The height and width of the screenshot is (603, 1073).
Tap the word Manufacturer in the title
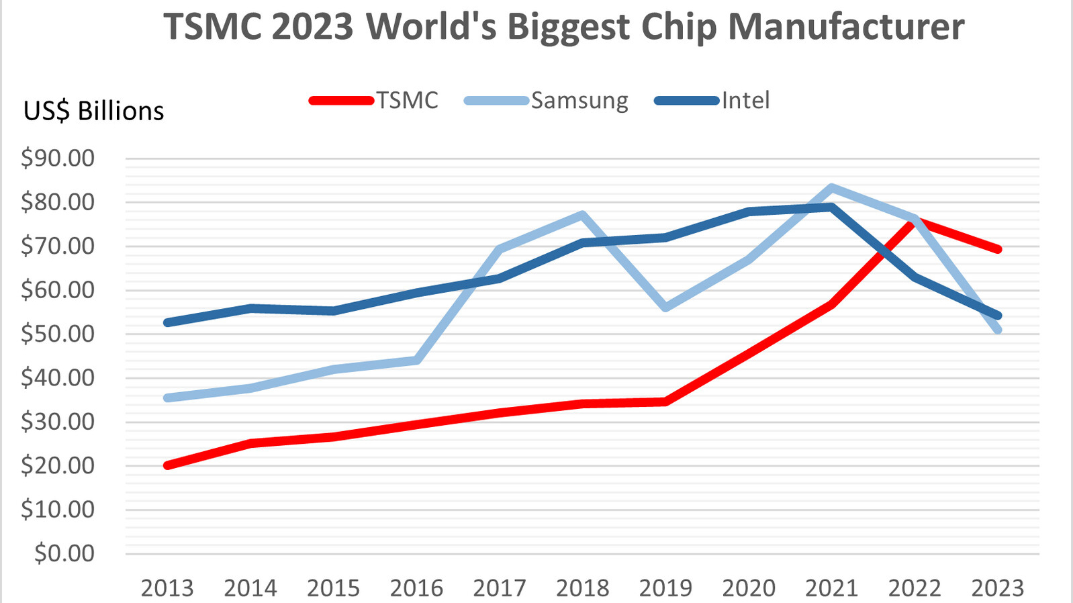846,27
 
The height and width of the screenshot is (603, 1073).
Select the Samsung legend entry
579,101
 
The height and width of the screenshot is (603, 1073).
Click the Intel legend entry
745,101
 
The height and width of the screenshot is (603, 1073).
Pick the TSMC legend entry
407,101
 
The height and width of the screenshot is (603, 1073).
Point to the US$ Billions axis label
93,111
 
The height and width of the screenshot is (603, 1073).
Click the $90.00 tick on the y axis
58,158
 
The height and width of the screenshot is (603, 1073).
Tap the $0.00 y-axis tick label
64,553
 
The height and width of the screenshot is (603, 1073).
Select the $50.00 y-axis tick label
58,334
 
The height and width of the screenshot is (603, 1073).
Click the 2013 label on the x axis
167,589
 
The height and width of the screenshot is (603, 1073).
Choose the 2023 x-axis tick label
998,589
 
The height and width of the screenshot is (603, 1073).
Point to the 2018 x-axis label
582,589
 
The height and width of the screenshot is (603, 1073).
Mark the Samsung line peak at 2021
831,188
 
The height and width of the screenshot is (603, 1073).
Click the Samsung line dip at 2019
665,308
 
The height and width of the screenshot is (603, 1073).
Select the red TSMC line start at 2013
167,465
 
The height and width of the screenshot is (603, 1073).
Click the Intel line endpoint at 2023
998,316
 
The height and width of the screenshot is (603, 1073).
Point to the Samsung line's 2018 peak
583,215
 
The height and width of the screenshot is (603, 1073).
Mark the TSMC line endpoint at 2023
998,249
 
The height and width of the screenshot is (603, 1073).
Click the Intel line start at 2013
167,322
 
